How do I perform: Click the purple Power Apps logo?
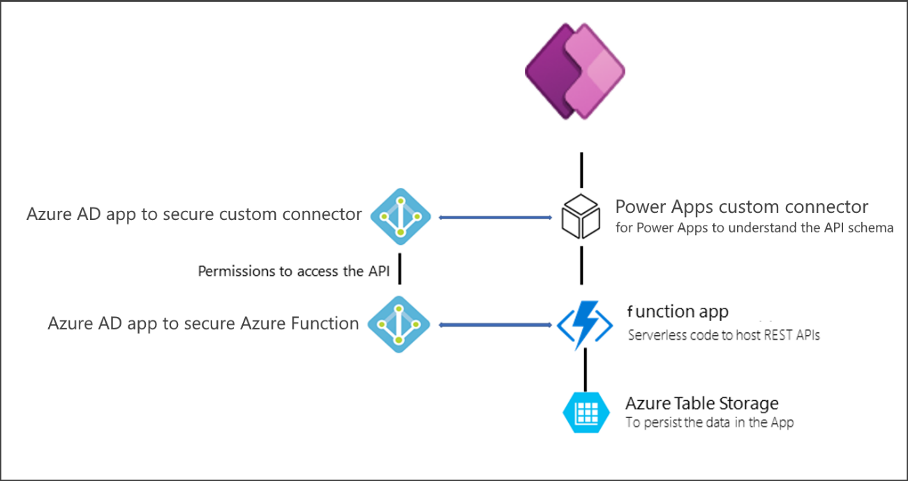click(x=574, y=71)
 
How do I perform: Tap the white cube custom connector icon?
click(x=581, y=216)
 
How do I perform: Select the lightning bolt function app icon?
click(x=584, y=324)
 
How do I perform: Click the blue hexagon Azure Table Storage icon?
click(x=581, y=412)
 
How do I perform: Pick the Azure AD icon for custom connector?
click(x=399, y=217)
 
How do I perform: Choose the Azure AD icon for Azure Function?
click(x=399, y=324)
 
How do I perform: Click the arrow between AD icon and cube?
click(x=496, y=218)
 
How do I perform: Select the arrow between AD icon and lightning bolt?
click(x=496, y=325)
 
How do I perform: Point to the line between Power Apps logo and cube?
click(x=581, y=170)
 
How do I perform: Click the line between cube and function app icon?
click(x=581, y=265)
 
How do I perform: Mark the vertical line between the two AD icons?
click(x=400, y=271)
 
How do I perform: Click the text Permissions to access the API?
click(x=294, y=272)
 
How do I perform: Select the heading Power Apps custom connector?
click(x=742, y=207)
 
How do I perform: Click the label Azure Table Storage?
click(x=701, y=404)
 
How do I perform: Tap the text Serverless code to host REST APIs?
click(x=724, y=335)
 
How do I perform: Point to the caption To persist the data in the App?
click(x=710, y=423)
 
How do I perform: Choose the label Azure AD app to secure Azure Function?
click(x=203, y=323)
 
